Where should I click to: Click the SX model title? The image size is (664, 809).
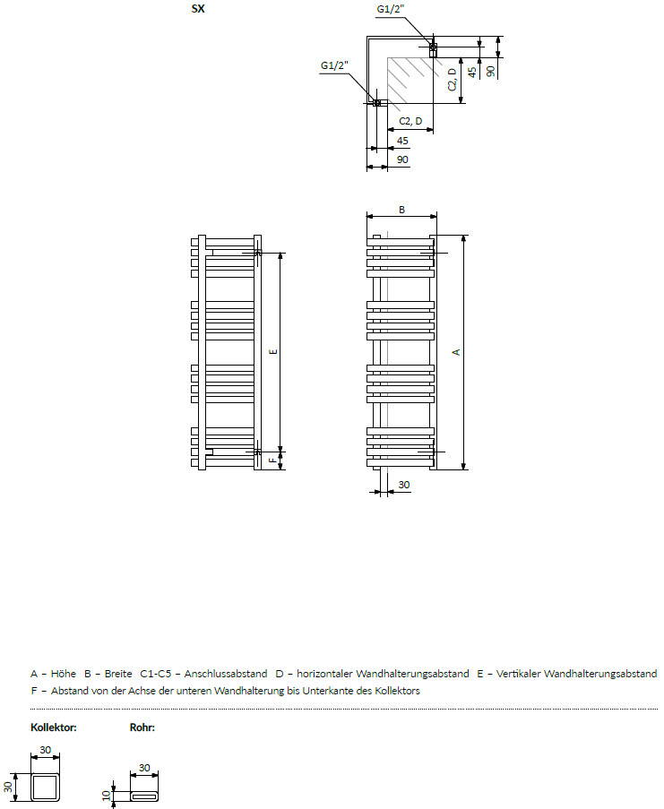tap(198, 9)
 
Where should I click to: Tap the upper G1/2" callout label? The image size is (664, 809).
tap(391, 9)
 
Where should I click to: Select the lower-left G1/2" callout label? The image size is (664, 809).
tap(334, 65)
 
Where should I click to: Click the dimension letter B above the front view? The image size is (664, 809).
tap(402, 210)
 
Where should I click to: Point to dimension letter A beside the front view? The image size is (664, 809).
tap(456, 352)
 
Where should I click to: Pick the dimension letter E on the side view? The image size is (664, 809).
tap(273, 352)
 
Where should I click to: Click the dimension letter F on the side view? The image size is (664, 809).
tap(273, 460)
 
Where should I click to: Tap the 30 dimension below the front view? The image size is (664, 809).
tap(404, 485)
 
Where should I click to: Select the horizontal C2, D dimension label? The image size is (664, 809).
tap(410, 121)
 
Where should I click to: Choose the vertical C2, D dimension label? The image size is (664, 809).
tap(453, 80)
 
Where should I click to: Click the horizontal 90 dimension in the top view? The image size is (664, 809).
tap(402, 159)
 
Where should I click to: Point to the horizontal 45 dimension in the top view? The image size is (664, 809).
tap(402, 141)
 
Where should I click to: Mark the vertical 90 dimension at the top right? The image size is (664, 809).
tap(490, 71)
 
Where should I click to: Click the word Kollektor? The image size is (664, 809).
tap(54, 727)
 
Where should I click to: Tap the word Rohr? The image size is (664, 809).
tap(142, 727)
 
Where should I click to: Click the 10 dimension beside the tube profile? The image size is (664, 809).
tap(107, 796)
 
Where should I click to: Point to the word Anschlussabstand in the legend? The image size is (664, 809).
tap(226, 674)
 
